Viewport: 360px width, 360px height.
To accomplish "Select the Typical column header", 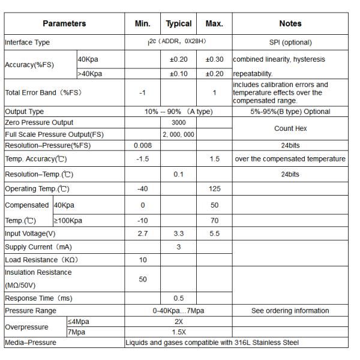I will click(178, 24).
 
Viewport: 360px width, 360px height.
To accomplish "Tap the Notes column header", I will click(290, 24).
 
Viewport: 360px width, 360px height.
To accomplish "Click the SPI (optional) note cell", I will click(290, 43).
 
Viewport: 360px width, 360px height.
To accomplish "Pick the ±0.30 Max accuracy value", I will click(214, 59).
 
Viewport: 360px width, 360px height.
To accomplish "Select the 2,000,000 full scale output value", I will click(178, 134).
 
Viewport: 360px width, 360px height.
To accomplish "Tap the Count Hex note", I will click(290, 128).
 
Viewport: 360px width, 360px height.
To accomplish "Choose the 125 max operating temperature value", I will click(214, 189).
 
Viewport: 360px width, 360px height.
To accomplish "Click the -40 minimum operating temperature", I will click(142, 189).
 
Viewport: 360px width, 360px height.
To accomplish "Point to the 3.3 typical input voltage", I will click(178, 233).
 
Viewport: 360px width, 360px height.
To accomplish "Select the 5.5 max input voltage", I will click(214, 233).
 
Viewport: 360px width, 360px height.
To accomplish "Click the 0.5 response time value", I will click(178, 298).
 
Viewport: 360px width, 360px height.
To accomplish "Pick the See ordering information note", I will click(290, 311).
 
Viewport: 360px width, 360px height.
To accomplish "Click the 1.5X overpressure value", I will click(178, 332).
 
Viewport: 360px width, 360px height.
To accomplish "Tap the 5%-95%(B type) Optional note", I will click(290, 112).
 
